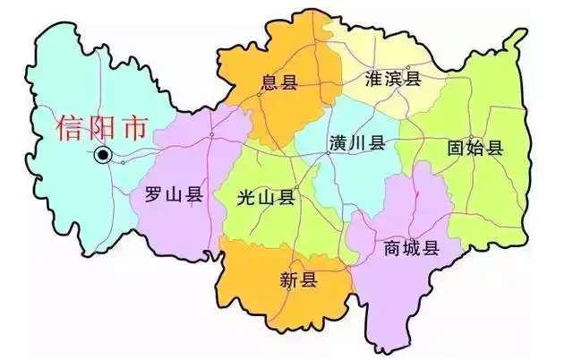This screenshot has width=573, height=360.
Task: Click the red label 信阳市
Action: (99, 128)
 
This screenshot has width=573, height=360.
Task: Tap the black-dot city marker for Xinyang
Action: (103, 156)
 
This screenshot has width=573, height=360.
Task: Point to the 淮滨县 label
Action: (393, 78)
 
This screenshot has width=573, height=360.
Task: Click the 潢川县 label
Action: (356, 143)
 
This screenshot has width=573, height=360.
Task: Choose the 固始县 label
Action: (475, 148)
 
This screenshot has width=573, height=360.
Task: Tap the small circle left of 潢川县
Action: (329, 153)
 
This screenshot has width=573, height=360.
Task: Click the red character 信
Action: (70, 128)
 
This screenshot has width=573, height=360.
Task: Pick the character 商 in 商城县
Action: (391, 248)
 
